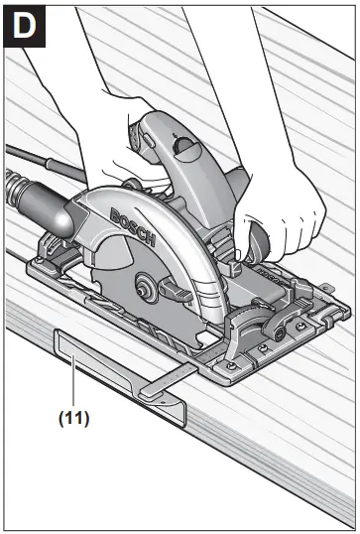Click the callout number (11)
click(71, 418)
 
